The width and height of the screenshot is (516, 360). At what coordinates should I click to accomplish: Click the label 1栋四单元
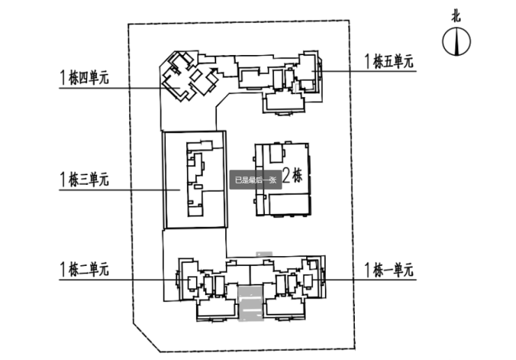click(84, 77)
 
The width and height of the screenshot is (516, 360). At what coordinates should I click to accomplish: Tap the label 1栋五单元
click(388, 61)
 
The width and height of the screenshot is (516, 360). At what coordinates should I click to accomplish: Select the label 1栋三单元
click(84, 180)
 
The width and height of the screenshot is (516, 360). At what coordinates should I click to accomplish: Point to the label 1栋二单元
click(84, 269)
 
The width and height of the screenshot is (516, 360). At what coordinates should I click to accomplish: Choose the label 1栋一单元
click(388, 269)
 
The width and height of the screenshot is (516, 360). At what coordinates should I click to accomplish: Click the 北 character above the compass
click(455, 16)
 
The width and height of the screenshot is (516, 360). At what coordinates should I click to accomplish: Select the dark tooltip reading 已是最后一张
click(255, 179)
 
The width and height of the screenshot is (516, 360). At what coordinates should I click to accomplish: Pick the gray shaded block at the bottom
click(249, 303)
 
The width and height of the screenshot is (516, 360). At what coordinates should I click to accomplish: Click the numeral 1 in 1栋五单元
click(367, 61)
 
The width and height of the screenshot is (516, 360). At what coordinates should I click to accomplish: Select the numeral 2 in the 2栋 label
click(285, 174)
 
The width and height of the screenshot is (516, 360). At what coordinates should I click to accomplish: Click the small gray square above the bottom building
click(264, 253)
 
